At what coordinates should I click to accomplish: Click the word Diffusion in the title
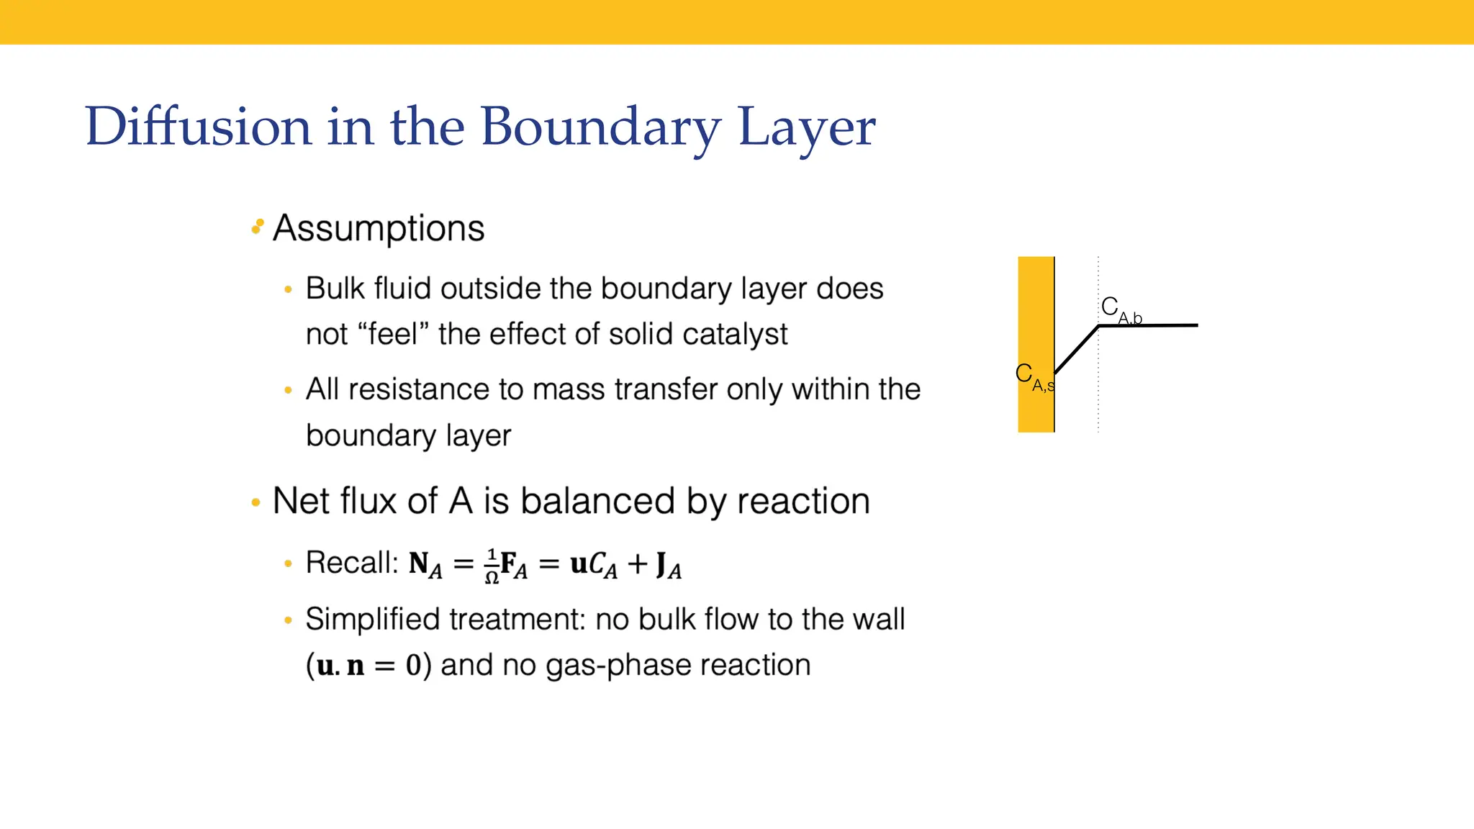(x=198, y=127)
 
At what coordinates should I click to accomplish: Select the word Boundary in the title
(x=600, y=127)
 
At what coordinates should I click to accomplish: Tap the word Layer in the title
(x=807, y=127)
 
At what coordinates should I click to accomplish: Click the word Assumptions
(x=379, y=229)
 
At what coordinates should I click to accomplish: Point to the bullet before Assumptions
(x=257, y=227)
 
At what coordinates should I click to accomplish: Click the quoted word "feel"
(x=393, y=334)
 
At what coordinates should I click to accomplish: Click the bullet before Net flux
(x=256, y=502)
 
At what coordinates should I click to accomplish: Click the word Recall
(x=351, y=562)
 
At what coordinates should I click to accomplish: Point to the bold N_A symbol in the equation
(x=425, y=565)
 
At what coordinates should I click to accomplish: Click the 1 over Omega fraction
(x=492, y=566)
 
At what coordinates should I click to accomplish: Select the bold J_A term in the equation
(x=668, y=565)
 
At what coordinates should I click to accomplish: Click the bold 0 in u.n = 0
(x=413, y=665)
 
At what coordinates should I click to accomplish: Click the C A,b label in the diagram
(x=1121, y=310)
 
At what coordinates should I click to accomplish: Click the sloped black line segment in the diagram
(x=1077, y=350)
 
